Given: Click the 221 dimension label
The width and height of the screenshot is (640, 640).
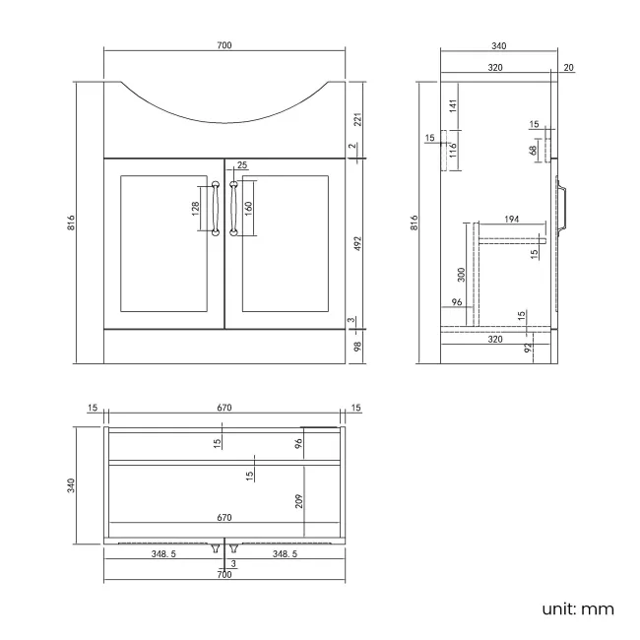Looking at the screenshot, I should coord(358,119).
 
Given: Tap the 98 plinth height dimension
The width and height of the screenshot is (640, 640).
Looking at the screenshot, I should coord(358,345).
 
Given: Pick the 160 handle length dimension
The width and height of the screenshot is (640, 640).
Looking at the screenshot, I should coord(248,208).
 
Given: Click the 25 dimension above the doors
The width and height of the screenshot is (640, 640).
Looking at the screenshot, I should coord(241,165).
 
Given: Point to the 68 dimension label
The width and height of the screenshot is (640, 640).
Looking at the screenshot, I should coord(533,151).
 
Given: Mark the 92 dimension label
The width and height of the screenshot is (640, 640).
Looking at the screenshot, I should coord(528,348).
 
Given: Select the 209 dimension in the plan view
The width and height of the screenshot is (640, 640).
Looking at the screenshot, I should coord(298,501).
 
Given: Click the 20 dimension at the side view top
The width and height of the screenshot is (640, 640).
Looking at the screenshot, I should coord(569,67).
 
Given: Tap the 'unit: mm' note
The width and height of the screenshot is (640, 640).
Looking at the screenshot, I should coord(577,608).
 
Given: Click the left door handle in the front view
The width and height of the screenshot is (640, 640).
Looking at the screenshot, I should coord(215,208).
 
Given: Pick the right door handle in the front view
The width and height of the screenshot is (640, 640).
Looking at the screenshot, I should coord(233,208).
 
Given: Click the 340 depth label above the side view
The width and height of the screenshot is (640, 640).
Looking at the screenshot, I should coord(498,46).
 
